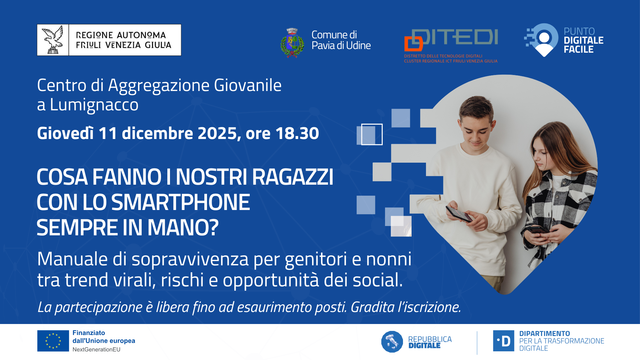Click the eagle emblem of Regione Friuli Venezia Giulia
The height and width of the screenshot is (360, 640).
53,40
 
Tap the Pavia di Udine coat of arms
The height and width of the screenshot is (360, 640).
292,43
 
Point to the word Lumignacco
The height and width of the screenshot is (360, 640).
94,105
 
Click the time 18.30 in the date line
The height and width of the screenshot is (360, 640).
297,133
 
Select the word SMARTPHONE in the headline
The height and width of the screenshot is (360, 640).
180,202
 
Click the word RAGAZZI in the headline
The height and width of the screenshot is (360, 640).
293,177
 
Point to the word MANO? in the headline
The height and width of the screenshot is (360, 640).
183,228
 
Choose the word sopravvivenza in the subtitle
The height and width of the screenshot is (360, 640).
190,260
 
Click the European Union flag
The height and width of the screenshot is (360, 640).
53,341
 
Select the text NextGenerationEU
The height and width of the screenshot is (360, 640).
96,349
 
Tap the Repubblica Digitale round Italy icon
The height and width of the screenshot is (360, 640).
392,342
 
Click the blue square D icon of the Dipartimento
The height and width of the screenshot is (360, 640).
503,341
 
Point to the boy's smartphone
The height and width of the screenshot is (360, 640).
459,214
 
